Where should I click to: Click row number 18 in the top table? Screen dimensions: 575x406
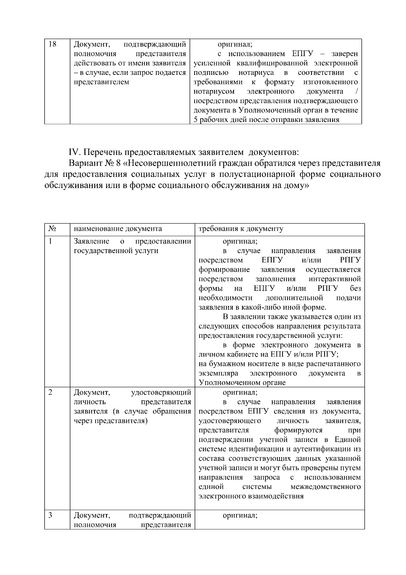(52, 44)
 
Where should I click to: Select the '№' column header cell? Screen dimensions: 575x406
(52, 229)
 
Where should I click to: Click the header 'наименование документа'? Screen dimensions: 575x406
(118, 229)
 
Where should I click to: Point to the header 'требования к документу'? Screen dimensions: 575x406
(241, 229)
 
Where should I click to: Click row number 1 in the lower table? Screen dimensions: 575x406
(51, 241)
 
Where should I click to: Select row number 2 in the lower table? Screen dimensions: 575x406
(51, 392)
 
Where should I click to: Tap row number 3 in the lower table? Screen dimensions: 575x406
(51, 515)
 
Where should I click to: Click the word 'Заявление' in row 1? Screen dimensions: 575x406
(91, 241)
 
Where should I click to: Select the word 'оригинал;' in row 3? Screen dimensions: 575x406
(240, 515)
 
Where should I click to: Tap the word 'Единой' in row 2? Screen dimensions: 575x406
(348, 440)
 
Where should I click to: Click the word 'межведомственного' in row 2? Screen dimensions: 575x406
(325, 487)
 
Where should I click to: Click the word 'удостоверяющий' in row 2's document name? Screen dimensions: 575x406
(161, 392)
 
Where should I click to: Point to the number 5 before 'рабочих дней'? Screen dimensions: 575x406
(196, 120)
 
